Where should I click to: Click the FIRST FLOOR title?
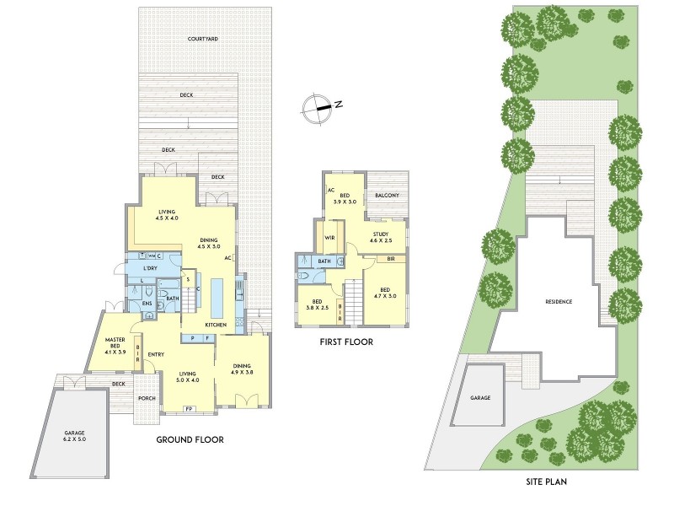346,342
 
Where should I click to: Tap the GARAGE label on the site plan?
480,397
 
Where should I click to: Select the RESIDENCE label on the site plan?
559,301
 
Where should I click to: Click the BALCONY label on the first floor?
387,196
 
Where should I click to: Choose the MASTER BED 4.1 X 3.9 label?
115,344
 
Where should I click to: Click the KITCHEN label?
215,325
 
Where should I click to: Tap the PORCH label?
147,398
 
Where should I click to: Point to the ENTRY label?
156,354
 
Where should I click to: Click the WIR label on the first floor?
330,238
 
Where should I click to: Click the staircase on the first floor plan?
353,300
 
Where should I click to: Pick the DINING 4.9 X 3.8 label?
243,369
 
